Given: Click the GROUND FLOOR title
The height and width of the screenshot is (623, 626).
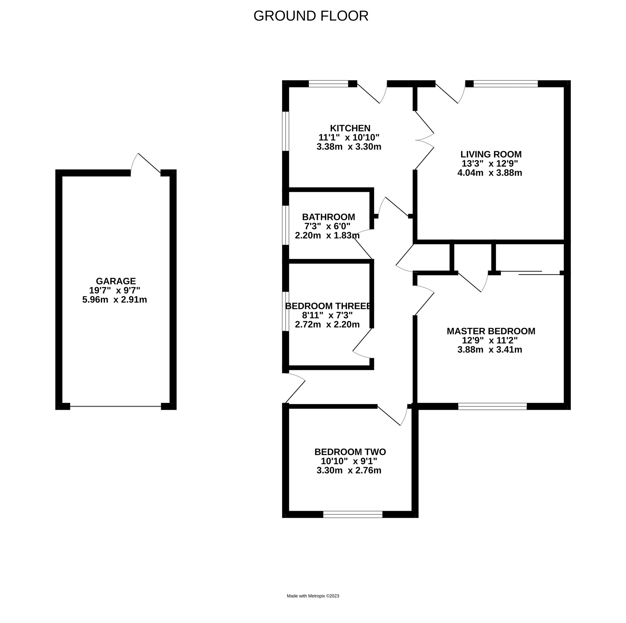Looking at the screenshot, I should (x=311, y=16).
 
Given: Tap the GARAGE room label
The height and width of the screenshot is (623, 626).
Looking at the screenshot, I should (x=116, y=281).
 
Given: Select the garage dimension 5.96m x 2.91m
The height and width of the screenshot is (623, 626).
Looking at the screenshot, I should (x=114, y=299).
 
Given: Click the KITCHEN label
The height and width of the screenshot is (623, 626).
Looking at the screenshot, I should (x=350, y=128).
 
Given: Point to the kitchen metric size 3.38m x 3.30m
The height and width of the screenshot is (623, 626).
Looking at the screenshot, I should (x=349, y=147).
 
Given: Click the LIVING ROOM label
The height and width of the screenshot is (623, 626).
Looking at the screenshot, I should (x=491, y=154).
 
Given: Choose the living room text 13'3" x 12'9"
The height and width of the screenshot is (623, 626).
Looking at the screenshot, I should (x=490, y=164).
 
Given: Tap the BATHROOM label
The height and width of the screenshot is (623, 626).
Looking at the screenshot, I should (x=328, y=217).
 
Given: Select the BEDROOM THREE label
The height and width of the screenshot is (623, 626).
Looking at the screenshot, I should (x=328, y=306).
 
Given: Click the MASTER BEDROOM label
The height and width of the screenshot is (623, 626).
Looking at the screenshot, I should (x=491, y=331).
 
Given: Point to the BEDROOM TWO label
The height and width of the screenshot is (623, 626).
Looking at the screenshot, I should (x=350, y=452).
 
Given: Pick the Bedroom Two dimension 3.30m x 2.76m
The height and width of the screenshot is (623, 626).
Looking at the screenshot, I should (x=349, y=471).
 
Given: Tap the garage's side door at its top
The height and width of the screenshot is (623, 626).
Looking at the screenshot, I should (x=146, y=165).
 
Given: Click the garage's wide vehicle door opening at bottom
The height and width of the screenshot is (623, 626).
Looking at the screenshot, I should (x=116, y=406).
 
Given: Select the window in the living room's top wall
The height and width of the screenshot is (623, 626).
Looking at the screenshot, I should (x=505, y=84).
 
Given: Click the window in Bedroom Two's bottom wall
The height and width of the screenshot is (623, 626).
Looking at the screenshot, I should (x=352, y=514).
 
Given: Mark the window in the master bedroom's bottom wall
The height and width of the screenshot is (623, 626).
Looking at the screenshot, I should (x=492, y=406).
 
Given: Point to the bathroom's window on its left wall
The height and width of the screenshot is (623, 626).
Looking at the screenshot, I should (x=286, y=225).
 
